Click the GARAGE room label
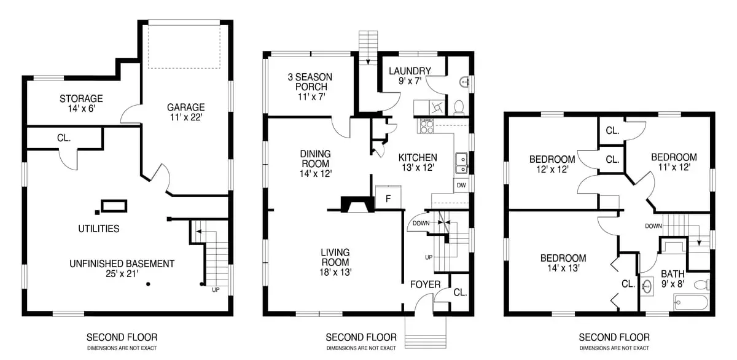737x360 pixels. coord(186,112)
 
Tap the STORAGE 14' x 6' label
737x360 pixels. coord(81,103)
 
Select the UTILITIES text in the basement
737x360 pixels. coord(99,229)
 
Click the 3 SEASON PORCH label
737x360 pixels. coord(310,87)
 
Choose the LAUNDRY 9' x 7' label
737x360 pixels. coord(410,76)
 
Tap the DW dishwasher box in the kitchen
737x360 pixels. coord(461,186)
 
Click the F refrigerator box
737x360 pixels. coord(388,197)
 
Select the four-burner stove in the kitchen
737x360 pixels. coord(426,127)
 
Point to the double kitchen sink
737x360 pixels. coord(462,163)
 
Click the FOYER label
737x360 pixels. coord(425,284)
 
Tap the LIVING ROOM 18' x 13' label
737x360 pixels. coord(335,262)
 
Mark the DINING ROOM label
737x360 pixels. coord(316,163)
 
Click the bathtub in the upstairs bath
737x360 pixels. coord(691,303)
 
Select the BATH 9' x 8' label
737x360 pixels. coord(673,279)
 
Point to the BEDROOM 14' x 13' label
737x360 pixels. coord(563,263)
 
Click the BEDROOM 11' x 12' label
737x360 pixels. coord(674,162)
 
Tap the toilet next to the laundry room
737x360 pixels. coord(459,108)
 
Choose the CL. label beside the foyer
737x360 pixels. coord(460,292)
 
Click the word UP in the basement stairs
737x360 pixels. coord(216,289)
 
